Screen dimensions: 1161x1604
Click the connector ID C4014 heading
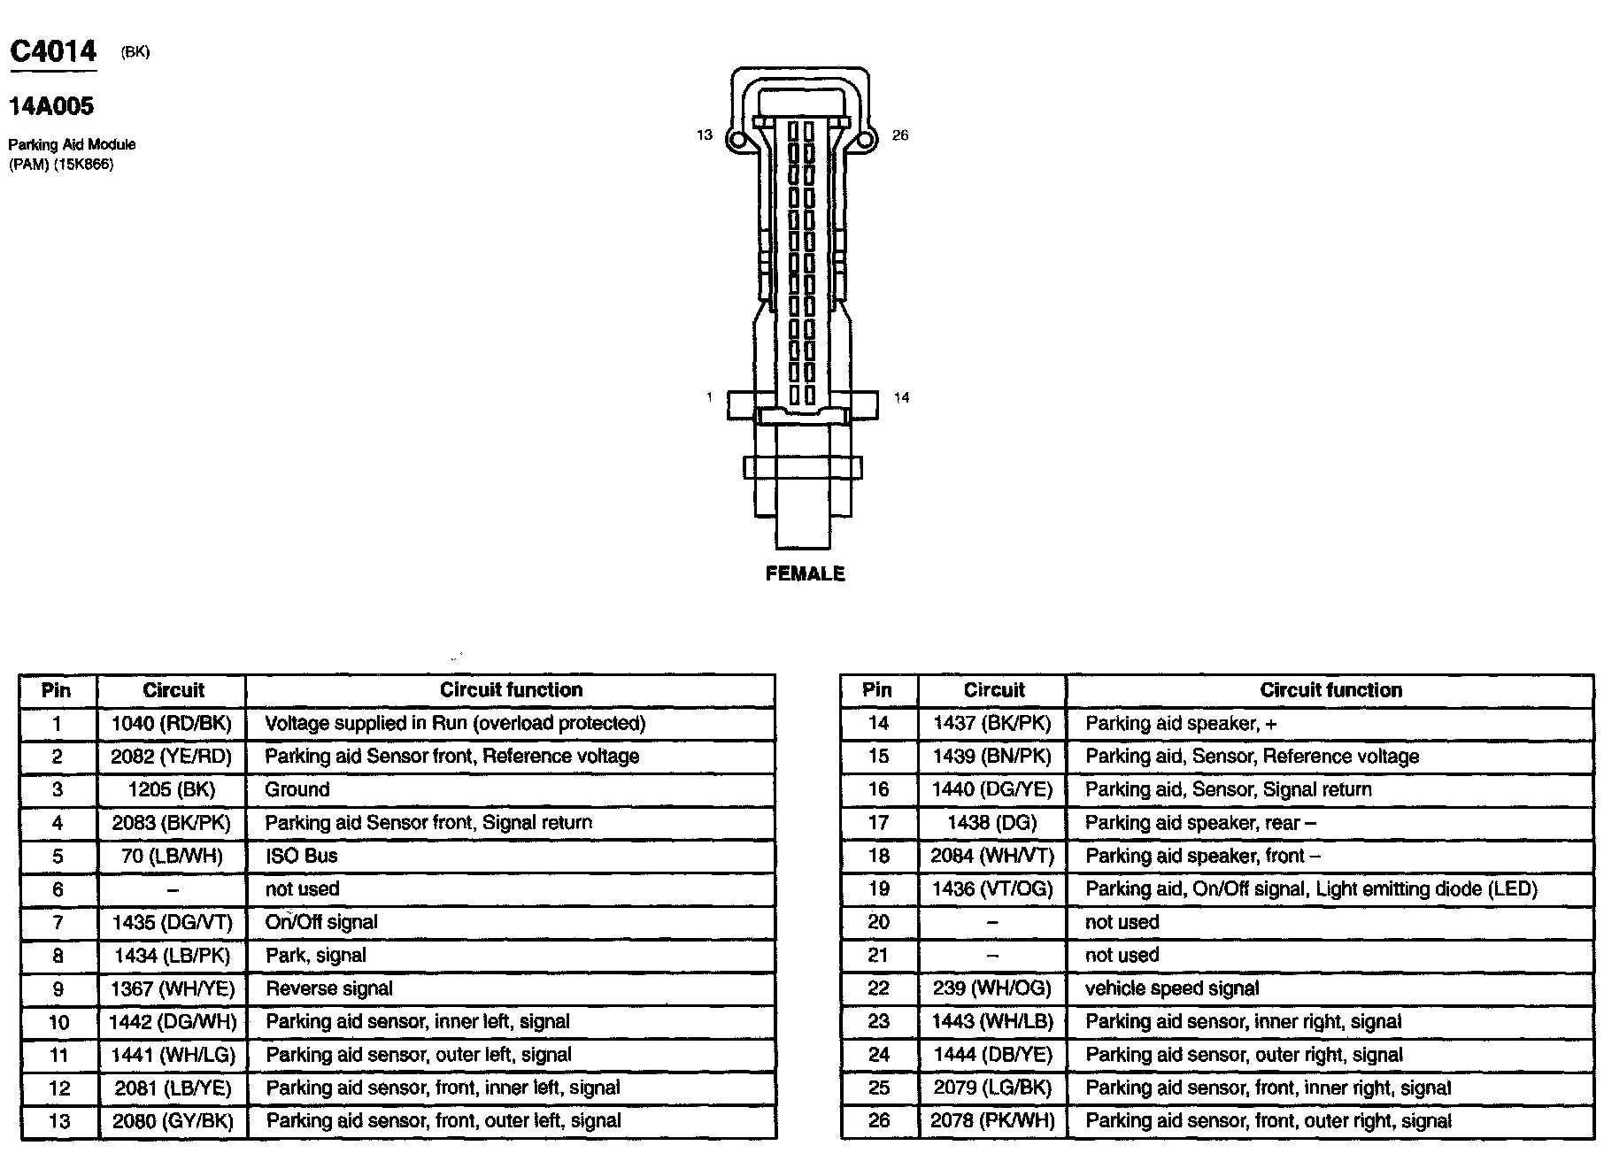click(53, 51)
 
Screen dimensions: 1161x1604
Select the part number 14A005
click(51, 107)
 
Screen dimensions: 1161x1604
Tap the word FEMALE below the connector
click(805, 574)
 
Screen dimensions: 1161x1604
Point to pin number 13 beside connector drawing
click(705, 135)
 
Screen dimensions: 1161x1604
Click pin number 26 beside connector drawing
click(900, 135)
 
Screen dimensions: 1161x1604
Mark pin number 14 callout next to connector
click(901, 398)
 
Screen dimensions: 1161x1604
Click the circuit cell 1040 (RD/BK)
click(172, 724)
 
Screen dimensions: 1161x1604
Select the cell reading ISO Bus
click(302, 857)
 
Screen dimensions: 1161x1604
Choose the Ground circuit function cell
click(297, 790)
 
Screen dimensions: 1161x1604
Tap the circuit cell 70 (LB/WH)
click(172, 857)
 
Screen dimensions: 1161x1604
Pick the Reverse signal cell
click(329, 989)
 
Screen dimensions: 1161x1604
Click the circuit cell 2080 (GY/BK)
click(172, 1122)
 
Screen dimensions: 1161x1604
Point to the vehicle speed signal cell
click(1172, 989)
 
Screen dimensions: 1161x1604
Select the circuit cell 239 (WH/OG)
click(992, 989)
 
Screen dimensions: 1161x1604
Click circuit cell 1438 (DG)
click(992, 823)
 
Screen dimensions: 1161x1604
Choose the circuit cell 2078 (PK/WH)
click(992, 1122)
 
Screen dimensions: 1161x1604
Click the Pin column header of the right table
click(877, 690)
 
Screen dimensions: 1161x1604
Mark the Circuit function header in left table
click(512, 690)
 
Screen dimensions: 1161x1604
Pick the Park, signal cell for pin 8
click(316, 956)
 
